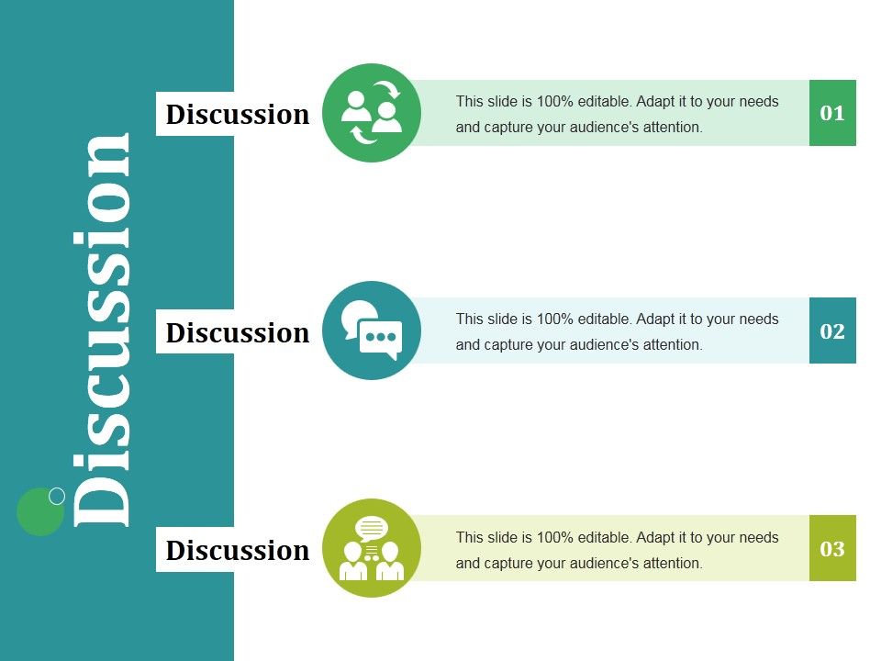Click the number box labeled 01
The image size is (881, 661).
832,113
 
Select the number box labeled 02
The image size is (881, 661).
832,330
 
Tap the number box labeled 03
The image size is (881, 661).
832,549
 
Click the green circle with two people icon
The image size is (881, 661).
372,113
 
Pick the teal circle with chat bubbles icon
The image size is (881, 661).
372,330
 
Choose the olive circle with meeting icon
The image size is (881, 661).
372,549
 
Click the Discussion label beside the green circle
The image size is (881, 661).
238,114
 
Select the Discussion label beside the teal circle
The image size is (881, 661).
238,331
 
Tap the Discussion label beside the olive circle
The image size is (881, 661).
238,550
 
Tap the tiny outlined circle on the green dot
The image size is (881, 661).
57,496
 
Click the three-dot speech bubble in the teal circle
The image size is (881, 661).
380,338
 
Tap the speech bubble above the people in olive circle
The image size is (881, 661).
372,529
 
